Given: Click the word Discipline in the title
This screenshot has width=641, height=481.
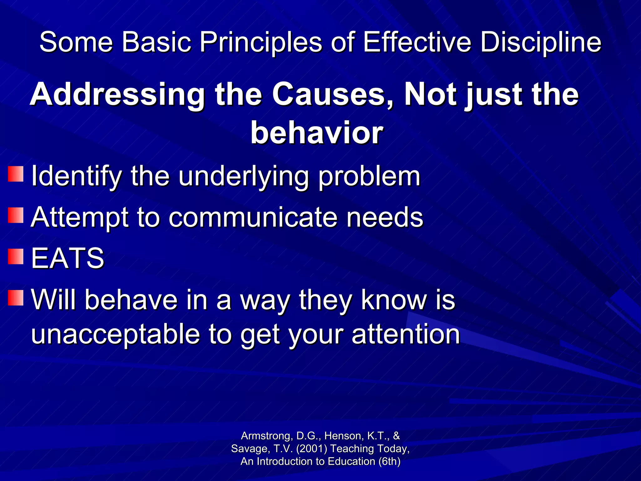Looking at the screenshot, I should [541, 42].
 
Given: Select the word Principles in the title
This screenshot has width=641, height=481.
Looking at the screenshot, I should [261, 42].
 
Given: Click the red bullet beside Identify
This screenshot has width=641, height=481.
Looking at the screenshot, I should [16, 174].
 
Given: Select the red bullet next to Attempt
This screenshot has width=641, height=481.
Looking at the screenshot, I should [16, 215].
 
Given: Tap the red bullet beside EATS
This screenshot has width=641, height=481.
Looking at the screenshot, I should [16, 257].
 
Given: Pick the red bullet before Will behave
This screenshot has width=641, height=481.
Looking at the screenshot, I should [16, 298].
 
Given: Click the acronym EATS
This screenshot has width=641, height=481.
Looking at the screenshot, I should [68, 258].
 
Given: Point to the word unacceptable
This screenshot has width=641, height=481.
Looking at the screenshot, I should [115, 334].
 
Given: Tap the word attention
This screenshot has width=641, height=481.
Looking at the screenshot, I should [406, 334].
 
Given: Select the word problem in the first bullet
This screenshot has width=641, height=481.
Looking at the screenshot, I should [369, 176].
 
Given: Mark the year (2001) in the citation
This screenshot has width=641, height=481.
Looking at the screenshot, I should [311, 448].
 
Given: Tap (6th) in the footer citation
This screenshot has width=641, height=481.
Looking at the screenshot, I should [389, 461].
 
